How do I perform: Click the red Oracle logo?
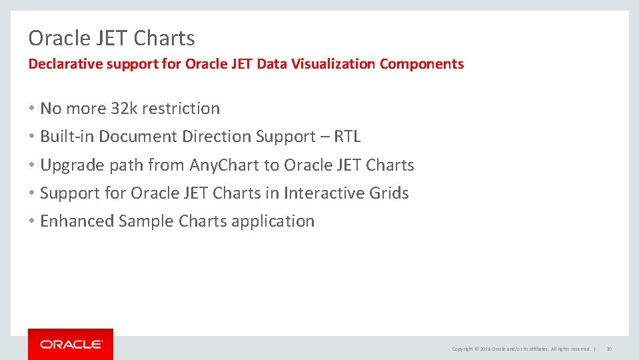click(x=71, y=344)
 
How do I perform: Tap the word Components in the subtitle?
click(x=422, y=64)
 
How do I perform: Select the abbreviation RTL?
click(x=347, y=137)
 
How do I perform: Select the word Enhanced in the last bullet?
click(x=77, y=221)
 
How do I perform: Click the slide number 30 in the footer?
click(x=609, y=349)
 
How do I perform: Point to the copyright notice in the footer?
click(x=521, y=349)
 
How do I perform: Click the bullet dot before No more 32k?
click(x=32, y=108)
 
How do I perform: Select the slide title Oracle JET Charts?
click(x=111, y=38)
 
